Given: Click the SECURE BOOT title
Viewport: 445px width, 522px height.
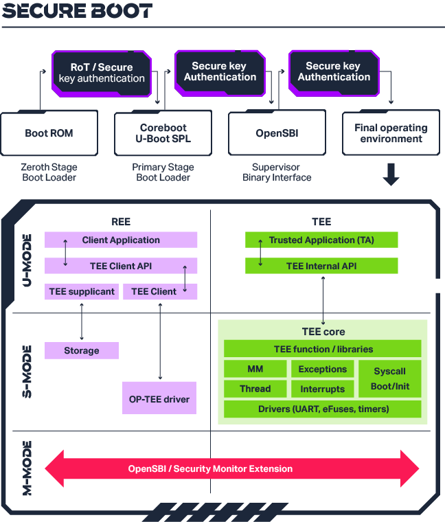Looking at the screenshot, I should click(76, 12).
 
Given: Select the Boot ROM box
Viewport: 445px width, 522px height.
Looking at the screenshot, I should click(49, 133).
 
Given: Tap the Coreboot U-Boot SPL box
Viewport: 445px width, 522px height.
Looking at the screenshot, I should click(163, 133).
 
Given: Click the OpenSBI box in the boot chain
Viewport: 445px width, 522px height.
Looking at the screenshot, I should click(277, 133).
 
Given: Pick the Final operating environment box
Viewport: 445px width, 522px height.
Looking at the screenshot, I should click(391, 133).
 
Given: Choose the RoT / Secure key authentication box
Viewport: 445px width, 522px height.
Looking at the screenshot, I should click(102, 73).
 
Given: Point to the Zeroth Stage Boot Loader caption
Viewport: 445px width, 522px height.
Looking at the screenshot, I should click(49, 172).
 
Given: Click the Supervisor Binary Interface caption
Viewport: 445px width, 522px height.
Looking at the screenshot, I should click(277, 172).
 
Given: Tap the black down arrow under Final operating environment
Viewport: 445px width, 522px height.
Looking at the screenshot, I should click(391, 174).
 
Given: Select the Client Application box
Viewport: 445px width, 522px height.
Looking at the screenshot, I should click(121, 240).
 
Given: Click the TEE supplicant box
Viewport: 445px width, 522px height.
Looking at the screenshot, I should click(82, 291).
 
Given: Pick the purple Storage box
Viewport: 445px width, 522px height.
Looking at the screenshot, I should click(82, 350).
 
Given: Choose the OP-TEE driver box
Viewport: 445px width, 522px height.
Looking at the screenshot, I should click(159, 398).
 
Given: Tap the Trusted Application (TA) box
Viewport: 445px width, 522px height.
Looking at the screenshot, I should click(321, 240).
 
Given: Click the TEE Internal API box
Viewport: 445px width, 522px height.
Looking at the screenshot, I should click(321, 266).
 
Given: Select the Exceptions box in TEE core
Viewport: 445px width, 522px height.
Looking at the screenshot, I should click(323, 370).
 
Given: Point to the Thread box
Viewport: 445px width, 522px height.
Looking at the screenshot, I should click(255, 389).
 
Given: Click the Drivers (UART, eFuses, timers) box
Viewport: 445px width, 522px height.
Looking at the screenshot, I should click(323, 409).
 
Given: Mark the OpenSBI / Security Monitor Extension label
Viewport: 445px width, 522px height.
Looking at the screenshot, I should click(210, 468).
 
